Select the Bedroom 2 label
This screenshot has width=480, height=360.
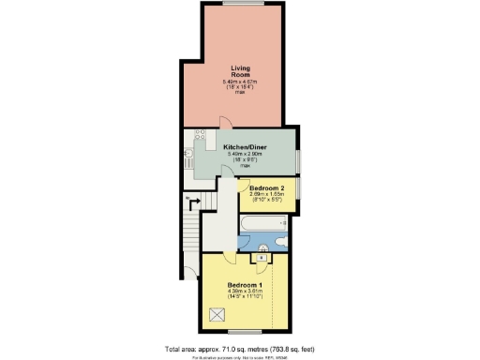(269, 187)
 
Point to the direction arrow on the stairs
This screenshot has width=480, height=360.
(195, 200)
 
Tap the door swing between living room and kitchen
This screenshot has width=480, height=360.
(221, 123)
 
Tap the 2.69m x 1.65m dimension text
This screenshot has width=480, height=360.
(269, 194)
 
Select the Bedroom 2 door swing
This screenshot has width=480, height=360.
(245, 184)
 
